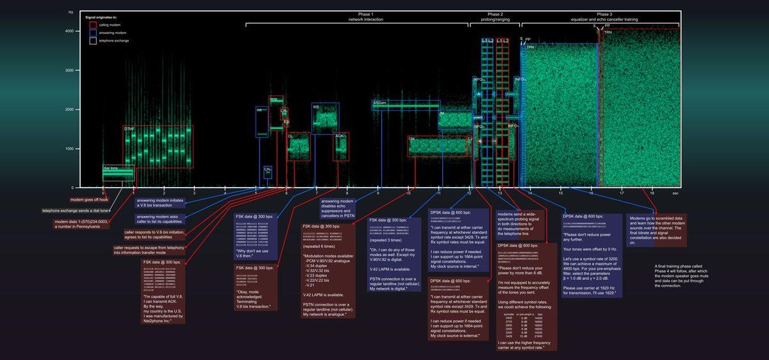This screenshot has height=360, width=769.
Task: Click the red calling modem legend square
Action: click(93, 24)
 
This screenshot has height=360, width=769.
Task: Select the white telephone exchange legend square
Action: click(93, 40)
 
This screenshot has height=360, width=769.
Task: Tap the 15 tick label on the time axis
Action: click(561, 193)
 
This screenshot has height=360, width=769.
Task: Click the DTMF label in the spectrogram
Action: click(129, 129)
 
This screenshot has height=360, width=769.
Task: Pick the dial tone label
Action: click(111, 168)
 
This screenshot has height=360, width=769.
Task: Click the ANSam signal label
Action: click(380, 102)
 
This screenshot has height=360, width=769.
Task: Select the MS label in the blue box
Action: click(316, 107)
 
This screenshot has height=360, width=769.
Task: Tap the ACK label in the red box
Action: click(340, 136)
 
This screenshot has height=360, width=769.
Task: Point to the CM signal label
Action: click(412, 139)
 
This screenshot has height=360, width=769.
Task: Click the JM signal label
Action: click(442, 113)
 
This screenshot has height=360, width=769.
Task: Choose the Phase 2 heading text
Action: click(495, 14)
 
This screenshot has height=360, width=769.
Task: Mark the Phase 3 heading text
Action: click(604, 14)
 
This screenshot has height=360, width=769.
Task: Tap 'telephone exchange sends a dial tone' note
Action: click(76, 211)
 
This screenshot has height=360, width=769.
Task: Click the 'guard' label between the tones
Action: click(477, 118)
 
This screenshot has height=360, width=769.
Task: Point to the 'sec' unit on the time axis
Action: click(675, 193)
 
